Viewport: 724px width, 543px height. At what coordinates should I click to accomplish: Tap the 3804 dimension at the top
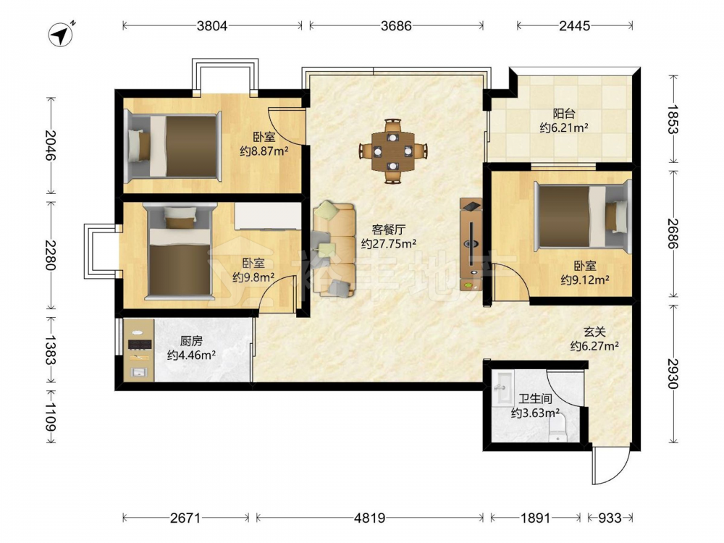tap(212, 26)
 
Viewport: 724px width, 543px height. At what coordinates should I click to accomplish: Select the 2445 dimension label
tap(574, 26)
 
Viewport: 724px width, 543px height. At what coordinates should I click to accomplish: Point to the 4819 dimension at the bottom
tap(369, 518)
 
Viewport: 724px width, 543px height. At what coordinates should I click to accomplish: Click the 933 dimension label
tap(610, 518)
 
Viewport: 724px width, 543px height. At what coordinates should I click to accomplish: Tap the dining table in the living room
tap(393, 151)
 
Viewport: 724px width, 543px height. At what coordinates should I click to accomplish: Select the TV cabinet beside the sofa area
tap(471, 244)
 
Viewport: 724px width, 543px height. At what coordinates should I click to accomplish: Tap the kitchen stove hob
tap(140, 344)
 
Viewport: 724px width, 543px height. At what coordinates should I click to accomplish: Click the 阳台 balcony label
tap(564, 114)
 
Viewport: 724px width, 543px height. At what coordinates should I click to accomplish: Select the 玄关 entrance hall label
tap(594, 332)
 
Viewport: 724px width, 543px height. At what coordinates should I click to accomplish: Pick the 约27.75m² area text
tap(389, 243)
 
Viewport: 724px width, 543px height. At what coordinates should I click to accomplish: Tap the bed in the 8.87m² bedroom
tap(174, 146)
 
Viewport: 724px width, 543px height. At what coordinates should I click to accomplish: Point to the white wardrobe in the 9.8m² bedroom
tap(268, 216)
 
